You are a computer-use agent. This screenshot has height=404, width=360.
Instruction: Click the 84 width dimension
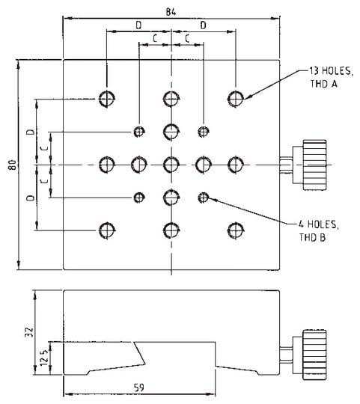(171, 10)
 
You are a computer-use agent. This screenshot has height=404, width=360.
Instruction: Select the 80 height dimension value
(10, 165)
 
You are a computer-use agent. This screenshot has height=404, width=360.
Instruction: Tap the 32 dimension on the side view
(28, 330)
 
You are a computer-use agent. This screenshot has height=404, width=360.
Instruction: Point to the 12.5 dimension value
(46, 358)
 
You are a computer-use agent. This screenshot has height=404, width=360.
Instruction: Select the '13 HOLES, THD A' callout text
(324, 78)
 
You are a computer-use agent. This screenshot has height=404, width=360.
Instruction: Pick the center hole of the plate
(171, 164)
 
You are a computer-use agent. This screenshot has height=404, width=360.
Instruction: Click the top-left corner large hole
(107, 98)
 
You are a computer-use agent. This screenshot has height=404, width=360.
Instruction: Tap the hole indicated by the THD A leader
(236, 98)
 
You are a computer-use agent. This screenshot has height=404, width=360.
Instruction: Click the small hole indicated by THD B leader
(203, 197)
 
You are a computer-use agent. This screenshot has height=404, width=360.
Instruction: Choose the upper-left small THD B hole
(138, 132)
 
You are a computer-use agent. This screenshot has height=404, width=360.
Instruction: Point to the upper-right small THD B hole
(203, 132)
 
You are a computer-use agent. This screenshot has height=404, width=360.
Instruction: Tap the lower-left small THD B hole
(138, 197)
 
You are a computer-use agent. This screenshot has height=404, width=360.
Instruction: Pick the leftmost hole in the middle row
(107, 164)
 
